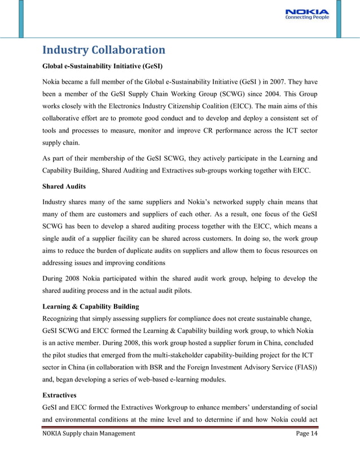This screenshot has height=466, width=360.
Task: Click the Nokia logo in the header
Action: pyautogui.click(x=308, y=11)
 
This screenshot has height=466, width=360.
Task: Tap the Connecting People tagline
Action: pyautogui.click(x=308, y=18)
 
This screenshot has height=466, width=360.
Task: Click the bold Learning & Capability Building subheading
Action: pyautogui.click(x=91, y=306)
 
